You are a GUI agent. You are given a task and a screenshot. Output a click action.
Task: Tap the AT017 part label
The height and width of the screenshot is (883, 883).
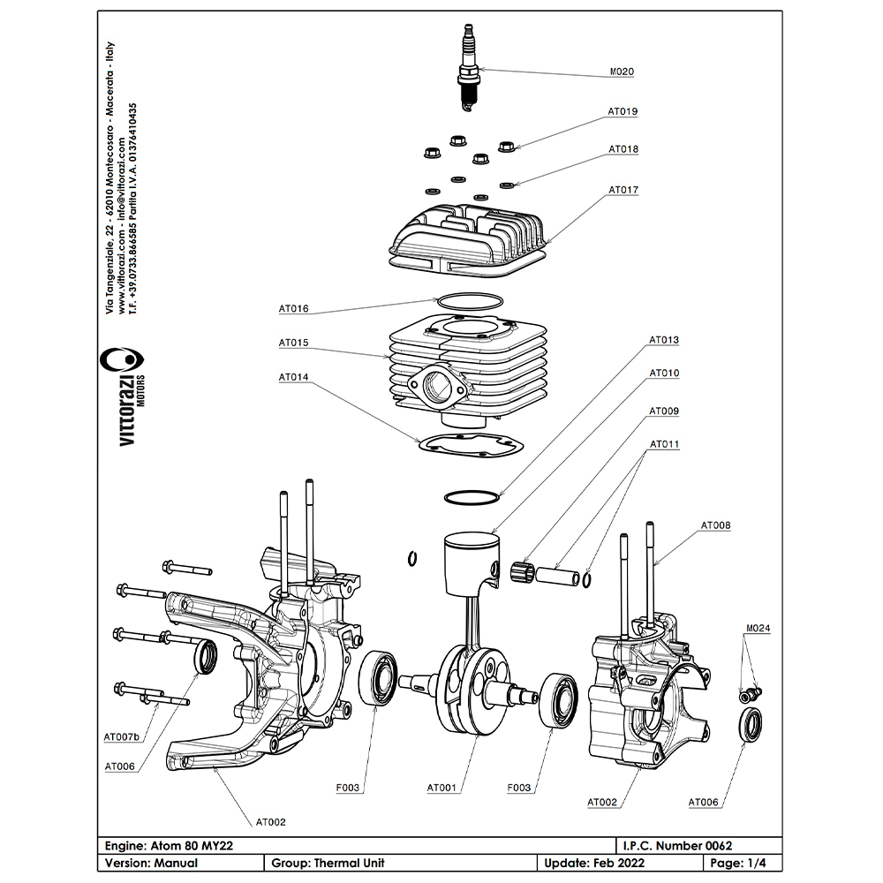[x=623, y=190]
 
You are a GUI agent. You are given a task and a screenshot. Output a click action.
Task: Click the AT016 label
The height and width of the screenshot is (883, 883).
[x=294, y=309]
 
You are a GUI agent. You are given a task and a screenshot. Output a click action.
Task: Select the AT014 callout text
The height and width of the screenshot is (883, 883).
[x=294, y=377]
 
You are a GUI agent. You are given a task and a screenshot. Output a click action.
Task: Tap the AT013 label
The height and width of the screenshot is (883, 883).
[x=664, y=339]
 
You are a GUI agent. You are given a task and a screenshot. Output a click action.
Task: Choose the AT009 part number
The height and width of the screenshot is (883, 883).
[x=664, y=411]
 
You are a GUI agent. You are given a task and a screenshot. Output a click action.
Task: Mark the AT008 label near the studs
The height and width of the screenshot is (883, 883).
[x=716, y=525]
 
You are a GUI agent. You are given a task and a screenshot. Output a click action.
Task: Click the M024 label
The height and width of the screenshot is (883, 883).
[x=758, y=630]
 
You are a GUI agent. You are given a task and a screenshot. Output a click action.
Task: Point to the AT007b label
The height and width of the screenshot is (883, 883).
[x=122, y=736]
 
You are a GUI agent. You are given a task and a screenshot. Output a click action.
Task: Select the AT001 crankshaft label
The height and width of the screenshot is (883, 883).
[x=441, y=788]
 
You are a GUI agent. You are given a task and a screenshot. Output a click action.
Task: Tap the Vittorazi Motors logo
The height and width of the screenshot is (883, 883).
[x=124, y=397]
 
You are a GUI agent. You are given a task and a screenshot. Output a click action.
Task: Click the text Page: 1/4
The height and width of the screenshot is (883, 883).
[x=739, y=863]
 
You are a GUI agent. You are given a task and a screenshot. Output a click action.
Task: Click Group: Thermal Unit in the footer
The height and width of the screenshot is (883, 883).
[x=328, y=863]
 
